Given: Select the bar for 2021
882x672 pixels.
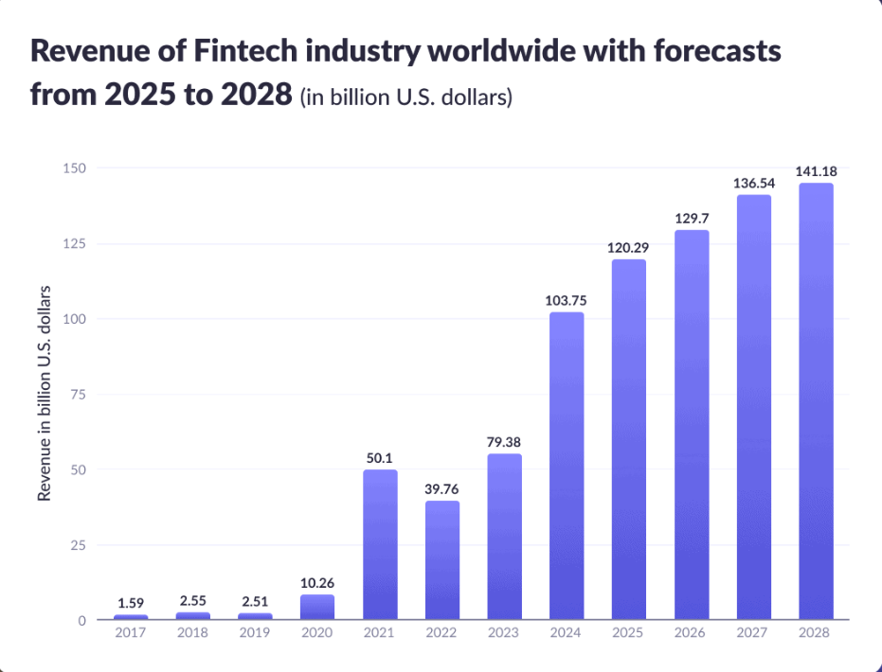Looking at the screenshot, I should pos(380,544).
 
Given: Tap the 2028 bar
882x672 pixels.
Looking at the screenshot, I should pos(816,401).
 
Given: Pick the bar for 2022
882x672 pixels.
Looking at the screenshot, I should pos(441,560).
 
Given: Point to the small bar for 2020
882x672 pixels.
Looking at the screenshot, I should pos(317,607).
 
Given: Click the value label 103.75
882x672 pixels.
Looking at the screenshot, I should pos(567,300).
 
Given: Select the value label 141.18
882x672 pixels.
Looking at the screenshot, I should pos(816,171).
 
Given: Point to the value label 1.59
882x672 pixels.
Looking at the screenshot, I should pos(131,603).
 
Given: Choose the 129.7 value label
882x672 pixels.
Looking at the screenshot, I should pos(692,218).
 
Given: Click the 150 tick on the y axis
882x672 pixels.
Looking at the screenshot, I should pos(75,168).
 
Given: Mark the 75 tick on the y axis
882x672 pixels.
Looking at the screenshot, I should pos(79,395).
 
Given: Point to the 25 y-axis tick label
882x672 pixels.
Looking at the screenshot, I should pos(79,545).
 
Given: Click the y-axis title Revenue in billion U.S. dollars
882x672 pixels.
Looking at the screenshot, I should pos(44,394).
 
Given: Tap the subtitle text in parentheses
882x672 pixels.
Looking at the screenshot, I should pos(405,97).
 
